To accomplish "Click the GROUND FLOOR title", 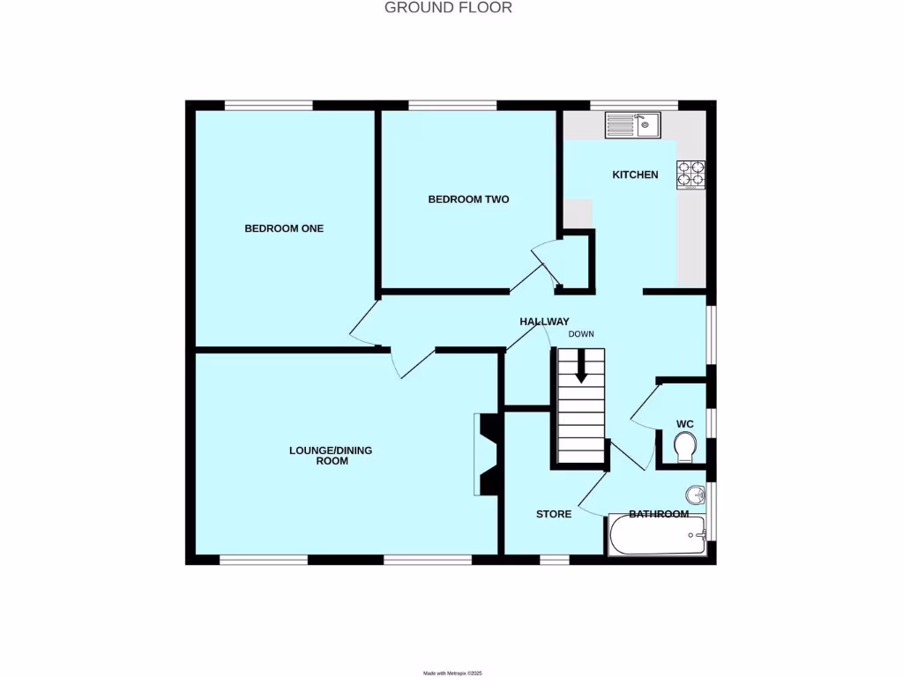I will (x=448, y=8).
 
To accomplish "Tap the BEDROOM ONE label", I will (x=284, y=228).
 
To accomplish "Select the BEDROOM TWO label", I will (x=468, y=199).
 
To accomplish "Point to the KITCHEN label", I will (x=635, y=175).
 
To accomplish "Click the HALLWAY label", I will (x=544, y=322).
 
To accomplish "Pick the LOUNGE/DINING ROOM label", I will (x=331, y=455).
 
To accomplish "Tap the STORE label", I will (x=554, y=514).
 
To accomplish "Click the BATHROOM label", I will (x=658, y=514).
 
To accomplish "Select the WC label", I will (x=685, y=424).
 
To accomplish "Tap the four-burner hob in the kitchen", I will (x=690, y=175).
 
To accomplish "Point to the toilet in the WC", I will (x=683, y=451).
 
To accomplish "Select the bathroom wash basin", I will (x=697, y=495).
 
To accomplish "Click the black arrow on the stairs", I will (x=581, y=367).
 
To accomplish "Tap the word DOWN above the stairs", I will (x=581, y=334).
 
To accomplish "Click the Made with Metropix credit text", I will (x=453, y=673).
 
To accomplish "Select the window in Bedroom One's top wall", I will (x=268, y=106).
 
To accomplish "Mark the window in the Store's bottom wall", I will (x=554, y=559).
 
